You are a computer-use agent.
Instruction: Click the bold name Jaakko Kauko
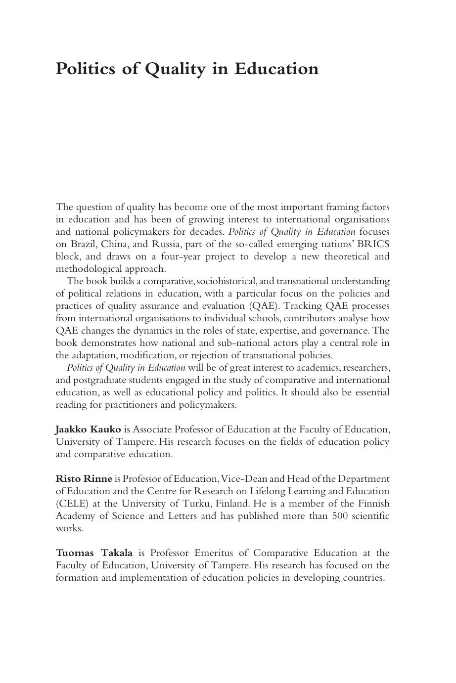coord(88,429)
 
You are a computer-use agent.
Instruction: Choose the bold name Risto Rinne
coord(84,479)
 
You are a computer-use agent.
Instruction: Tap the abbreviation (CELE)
coord(72,504)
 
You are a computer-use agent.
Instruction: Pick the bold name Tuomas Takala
coord(94,553)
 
